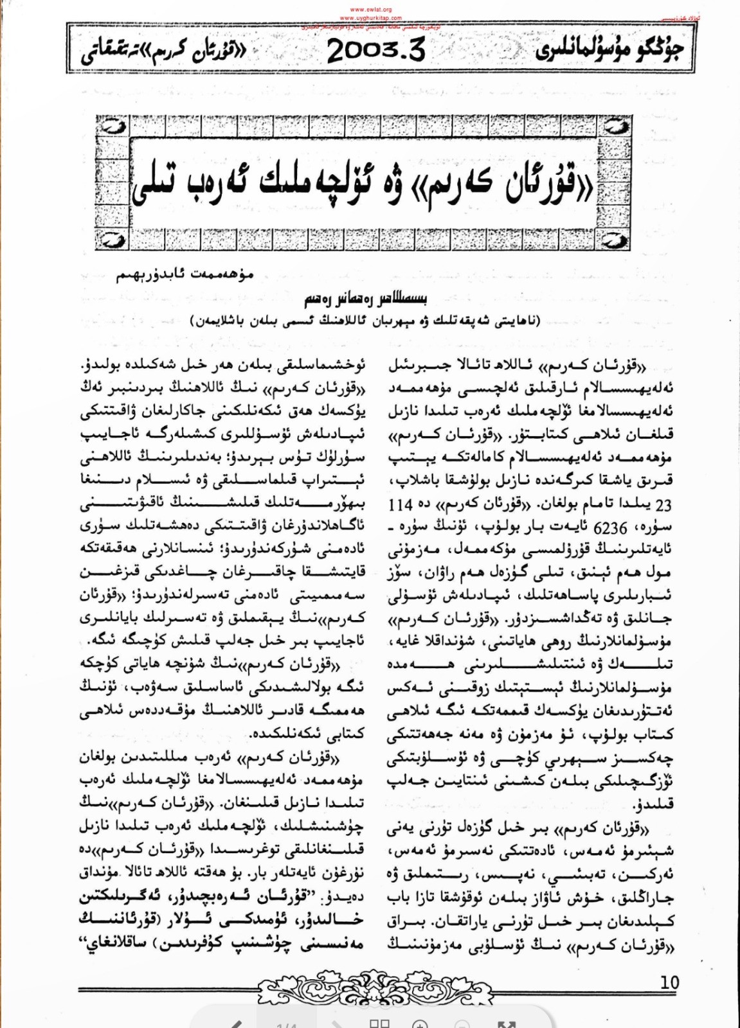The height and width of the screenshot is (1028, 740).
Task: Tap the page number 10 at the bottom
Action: click(x=669, y=982)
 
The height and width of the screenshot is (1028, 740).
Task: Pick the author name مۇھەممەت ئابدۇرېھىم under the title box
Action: click(x=185, y=276)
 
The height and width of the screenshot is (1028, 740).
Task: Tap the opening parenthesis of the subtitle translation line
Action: click(x=538, y=320)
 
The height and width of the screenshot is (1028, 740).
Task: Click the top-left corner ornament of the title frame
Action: click(x=113, y=127)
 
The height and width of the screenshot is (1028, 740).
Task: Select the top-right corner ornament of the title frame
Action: click(x=616, y=127)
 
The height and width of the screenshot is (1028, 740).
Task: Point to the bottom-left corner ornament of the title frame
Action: click(x=113, y=240)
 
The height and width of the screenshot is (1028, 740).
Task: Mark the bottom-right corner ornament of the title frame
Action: click(x=616, y=240)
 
